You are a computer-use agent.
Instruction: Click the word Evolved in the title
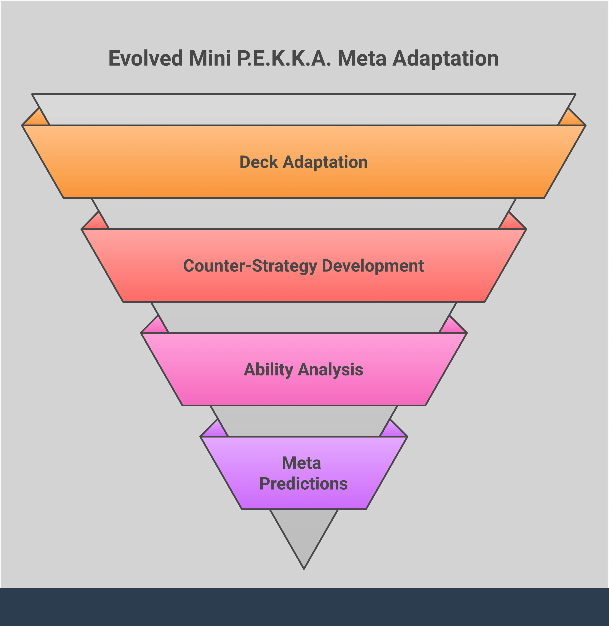tap(146, 59)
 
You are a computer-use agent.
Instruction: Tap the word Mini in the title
tap(210, 59)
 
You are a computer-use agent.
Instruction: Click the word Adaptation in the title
tap(445, 59)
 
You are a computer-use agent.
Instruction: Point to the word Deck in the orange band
tap(259, 162)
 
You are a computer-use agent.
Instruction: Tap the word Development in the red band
tap(373, 266)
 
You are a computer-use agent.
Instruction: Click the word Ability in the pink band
tap(268, 370)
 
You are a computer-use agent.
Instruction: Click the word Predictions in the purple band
tap(303, 484)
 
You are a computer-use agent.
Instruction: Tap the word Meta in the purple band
tap(301, 463)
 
